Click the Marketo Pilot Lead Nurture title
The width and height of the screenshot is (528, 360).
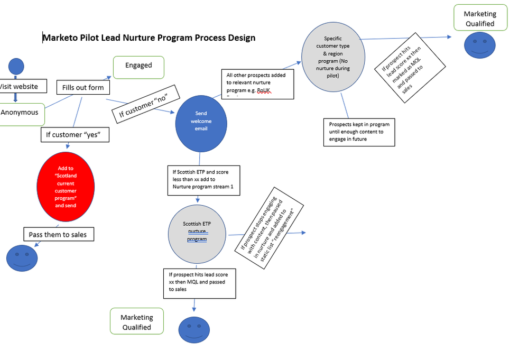pos(149,38)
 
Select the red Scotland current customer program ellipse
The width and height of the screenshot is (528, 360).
pos(66,187)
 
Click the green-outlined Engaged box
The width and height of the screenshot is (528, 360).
pos(138,66)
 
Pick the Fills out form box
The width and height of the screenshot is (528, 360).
pos(83,87)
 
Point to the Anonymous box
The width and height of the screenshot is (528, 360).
pos(20,113)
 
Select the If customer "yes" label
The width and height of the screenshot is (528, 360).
pos(75,135)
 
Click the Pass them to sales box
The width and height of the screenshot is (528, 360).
pos(58,234)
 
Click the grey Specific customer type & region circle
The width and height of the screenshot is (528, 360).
pos(333,57)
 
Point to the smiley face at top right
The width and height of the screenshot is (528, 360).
pos(479,45)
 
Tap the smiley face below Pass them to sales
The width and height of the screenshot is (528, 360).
pos(22,258)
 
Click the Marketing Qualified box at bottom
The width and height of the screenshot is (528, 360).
pos(137,322)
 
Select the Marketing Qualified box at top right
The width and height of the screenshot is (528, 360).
pos(480,18)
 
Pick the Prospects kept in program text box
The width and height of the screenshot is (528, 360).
pos(359,132)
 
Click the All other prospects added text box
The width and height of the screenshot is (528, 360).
pos(256,84)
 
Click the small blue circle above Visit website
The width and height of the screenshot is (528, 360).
pos(16,66)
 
